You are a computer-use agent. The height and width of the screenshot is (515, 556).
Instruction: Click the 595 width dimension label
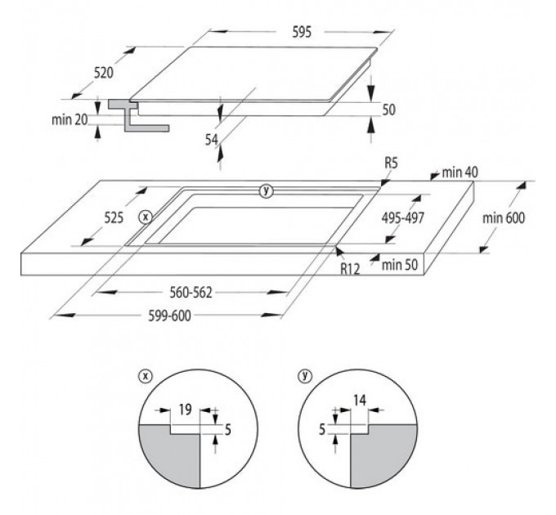(x=302, y=32)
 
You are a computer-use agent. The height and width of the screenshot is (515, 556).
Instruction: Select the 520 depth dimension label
(x=104, y=73)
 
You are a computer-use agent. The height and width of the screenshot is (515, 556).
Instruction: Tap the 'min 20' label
(x=69, y=120)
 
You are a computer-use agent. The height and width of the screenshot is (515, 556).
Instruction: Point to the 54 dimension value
(x=212, y=140)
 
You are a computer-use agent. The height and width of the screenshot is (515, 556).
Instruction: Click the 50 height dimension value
(x=388, y=110)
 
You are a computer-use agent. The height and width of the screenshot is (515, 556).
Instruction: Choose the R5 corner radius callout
(x=391, y=163)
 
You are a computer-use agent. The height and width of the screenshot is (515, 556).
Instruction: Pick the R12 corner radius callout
(x=350, y=269)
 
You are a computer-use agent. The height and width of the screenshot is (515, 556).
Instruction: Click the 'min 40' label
(x=460, y=172)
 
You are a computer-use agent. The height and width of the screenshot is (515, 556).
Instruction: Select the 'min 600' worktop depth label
(x=503, y=218)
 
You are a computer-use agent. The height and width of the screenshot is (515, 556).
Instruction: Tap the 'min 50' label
(x=400, y=265)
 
